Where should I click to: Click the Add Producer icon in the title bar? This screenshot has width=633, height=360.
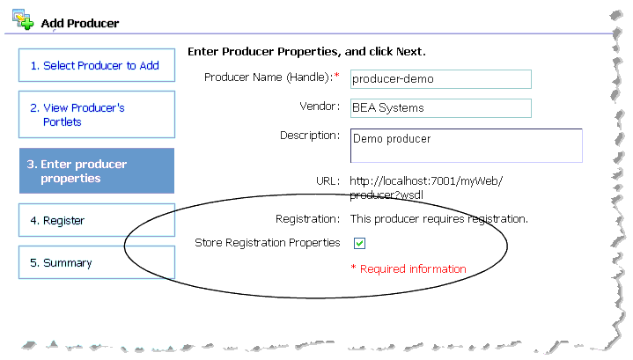click(24, 19)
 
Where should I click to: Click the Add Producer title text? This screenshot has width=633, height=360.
click(80, 23)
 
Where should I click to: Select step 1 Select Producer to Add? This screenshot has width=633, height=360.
click(96, 66)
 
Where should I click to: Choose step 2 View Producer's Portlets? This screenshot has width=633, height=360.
click(96, 114)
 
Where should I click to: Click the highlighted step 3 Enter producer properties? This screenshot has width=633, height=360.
click(96, 171)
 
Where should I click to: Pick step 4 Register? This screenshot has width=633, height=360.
click(96, 220)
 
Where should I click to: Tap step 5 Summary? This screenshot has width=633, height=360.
click(96, 262)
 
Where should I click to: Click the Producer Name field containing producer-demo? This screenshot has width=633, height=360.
click(440, 79)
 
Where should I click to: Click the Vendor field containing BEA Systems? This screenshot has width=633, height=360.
click(440, 108)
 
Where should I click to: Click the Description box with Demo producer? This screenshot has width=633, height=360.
click(466, 146)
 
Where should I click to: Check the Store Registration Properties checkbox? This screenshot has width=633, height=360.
click(359, 243)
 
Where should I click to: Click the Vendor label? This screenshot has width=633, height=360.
click(320, 107)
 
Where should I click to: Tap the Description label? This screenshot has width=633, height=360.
click(310, 136)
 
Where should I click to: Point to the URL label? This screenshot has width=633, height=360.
click(328, 180)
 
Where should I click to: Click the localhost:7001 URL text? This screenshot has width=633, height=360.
click(426, 187)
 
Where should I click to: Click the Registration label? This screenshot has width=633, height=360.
click(306, 217)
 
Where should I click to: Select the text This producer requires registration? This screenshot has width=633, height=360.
click(438, 218)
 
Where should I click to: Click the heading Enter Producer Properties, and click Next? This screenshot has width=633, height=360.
click(306, 52)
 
